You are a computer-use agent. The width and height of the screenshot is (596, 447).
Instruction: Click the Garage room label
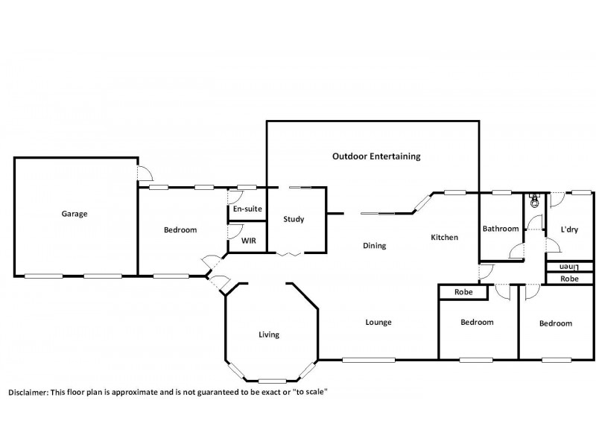tap(74, 214)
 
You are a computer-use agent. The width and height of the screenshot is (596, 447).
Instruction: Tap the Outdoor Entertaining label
tap(376, 156)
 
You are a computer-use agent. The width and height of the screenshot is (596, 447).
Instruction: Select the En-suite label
tap(247, 209)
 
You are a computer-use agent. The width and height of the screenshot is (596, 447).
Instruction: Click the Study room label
tap(294, 219)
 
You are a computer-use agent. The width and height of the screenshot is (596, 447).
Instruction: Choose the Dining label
tap(375, 246)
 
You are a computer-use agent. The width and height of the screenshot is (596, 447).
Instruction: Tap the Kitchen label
tap(444, 238)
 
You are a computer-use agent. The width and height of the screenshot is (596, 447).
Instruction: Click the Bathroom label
tap(500, 229)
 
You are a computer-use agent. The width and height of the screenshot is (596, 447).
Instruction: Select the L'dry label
tap(569, 229)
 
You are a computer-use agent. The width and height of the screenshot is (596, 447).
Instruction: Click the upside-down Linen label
tap(569, 267)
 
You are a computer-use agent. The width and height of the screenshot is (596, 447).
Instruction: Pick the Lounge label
tap(378, 323)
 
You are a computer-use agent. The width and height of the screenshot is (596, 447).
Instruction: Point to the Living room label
tap(269, 335)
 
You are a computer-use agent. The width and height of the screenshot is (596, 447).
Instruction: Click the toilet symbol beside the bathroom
tap(533, 200)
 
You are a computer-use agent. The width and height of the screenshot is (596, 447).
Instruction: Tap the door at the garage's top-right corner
tap(145, 174)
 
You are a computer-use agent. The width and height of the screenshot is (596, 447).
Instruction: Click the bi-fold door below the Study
tap(288, 255)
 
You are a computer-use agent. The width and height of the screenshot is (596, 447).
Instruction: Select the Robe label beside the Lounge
tap(463, 293)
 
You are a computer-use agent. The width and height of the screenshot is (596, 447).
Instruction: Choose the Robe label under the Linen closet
tap(569, 279)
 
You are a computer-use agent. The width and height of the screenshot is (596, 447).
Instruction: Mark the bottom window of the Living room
tap(273, 380)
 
